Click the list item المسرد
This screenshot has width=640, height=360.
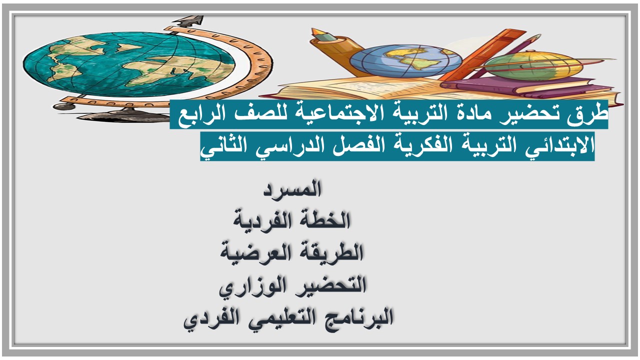[292, 189]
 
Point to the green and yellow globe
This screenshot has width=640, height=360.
[533, 65]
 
